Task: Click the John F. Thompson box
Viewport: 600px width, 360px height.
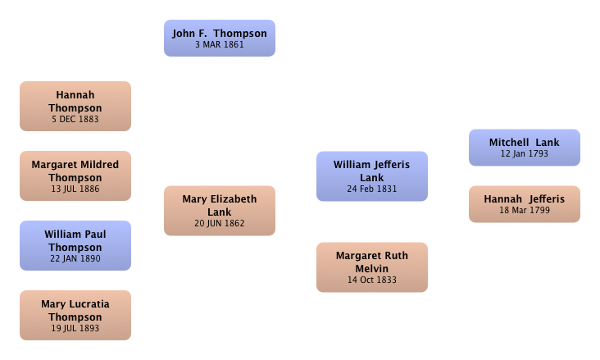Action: (x=220, y=39)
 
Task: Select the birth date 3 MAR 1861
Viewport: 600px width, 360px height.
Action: (x=220, y=44)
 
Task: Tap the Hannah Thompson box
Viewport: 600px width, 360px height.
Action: (x=75, y=106)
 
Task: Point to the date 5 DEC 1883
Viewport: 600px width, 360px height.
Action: (x=75, y=119)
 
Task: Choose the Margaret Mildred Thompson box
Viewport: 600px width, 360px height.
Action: (x=75, y=175)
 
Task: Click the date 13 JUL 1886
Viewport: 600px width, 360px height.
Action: (x=75, y=189)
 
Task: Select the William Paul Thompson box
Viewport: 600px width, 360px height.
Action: (x=75, y=245)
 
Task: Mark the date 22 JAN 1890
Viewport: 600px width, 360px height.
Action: (x=75, y=258)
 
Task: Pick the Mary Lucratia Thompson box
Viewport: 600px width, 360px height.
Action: (x=75, y=315)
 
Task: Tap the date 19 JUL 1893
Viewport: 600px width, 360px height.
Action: (x=75, y=328)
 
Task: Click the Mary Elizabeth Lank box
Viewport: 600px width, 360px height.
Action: (x=220, y=211)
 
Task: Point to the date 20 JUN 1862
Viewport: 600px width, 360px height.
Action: (x=220, y=223)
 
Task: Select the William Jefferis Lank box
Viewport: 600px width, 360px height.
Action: (x=372, y=176)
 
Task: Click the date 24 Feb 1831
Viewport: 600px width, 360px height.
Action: (x=372, y=189)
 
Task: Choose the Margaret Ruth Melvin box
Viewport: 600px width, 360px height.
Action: (x=372, y=267)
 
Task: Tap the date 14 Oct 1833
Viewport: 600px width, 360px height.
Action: (x=372, y=280)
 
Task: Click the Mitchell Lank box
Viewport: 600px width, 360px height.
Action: (x=525, y=148)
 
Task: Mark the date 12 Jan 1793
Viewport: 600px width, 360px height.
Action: (x=525, y=153)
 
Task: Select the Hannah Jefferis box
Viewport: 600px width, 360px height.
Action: (x=525, y=204)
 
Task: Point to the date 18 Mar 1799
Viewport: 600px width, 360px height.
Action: (x=525, y=210)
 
